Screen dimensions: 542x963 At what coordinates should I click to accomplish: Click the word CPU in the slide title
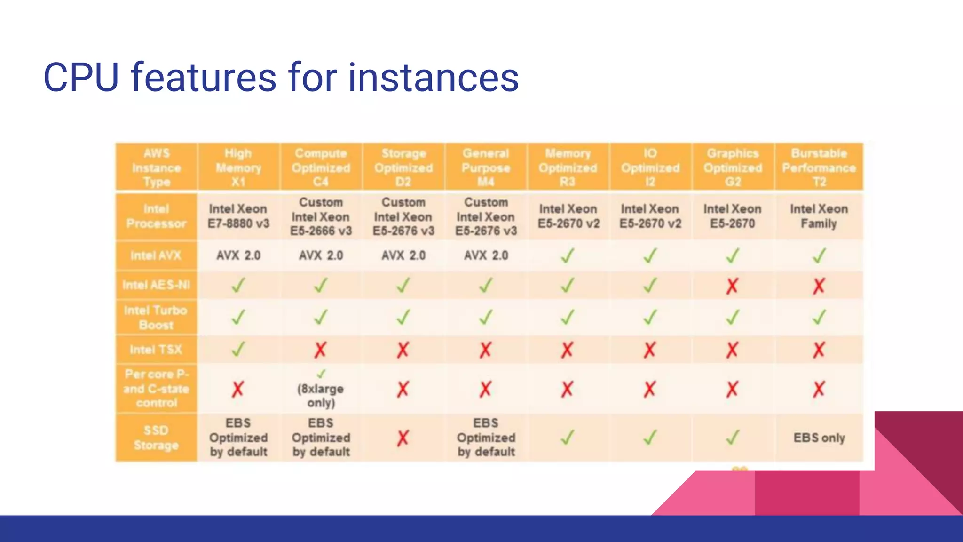tap(81, 78)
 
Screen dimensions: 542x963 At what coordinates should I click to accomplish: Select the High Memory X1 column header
tap(238, 167)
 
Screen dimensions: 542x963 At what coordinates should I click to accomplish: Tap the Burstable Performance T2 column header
tap(819, 167)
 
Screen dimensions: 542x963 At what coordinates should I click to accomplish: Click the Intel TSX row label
tap(156, 350)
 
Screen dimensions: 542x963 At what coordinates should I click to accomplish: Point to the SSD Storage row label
tap(156, 438)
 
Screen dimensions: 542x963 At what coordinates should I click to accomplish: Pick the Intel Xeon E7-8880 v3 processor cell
tap(238, 216)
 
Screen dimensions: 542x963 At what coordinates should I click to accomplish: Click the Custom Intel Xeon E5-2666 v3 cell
tap(321, 216)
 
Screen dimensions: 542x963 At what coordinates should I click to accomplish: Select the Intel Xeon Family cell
tap(819, 216)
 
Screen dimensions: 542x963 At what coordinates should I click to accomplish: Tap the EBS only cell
tap(819, 438)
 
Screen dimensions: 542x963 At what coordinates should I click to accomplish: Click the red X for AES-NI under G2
tap(732, 286)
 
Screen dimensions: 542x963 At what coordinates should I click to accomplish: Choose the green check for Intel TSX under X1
tap(238, 349)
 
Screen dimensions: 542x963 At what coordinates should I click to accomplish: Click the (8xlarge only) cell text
tap(321, 395)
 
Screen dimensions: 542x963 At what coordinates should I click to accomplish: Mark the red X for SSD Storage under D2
tap(403, 438)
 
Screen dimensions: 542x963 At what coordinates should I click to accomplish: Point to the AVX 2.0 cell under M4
tap(486, 255)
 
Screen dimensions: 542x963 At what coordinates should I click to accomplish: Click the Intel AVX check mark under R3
tap(568, 256)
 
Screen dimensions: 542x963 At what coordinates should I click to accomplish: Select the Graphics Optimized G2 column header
tap(733, 167)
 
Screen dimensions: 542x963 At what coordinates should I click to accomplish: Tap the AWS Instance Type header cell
tap(156, 167)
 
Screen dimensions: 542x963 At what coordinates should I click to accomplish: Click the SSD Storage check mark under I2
tap(650, 438)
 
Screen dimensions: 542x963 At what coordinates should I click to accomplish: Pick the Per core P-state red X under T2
tap(819, 389)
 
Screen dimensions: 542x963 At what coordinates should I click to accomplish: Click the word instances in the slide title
tap(433, 78)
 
